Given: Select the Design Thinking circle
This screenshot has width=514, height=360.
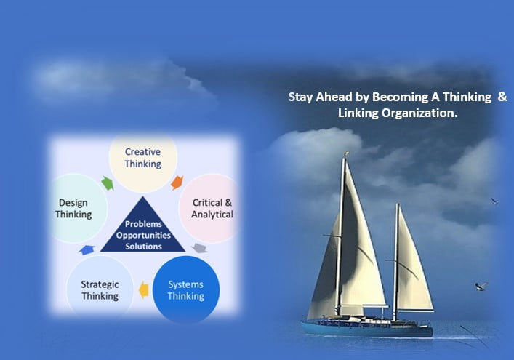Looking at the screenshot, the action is pos(79,208).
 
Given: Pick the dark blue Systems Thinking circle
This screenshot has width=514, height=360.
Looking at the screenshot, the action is pos(186,290).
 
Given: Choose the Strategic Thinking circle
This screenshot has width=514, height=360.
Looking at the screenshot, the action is pos(100,289).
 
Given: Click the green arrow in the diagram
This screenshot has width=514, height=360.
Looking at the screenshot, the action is pos(108,183).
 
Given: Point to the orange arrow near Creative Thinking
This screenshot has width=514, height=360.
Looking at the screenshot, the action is pos(177,183).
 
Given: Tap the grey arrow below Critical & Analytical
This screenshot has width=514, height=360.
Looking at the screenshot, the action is pos(200,248).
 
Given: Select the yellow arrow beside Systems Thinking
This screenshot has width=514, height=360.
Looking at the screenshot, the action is pos(143,290).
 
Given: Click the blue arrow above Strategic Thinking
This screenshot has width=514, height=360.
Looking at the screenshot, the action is pos(87,250).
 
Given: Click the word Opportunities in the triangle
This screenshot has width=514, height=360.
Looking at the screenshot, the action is pos(143,235).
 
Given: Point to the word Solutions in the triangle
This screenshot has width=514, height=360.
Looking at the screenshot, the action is pos(143,247).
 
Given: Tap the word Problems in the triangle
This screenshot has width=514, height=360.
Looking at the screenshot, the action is pos(143,224).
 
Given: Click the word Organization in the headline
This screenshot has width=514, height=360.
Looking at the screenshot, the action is pos(419,113).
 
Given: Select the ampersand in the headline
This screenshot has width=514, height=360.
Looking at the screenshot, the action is pos(502,97).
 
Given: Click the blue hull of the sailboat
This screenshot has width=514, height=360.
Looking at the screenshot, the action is pos(367,329).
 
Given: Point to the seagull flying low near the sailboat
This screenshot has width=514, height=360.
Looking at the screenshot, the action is pos(481,287).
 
